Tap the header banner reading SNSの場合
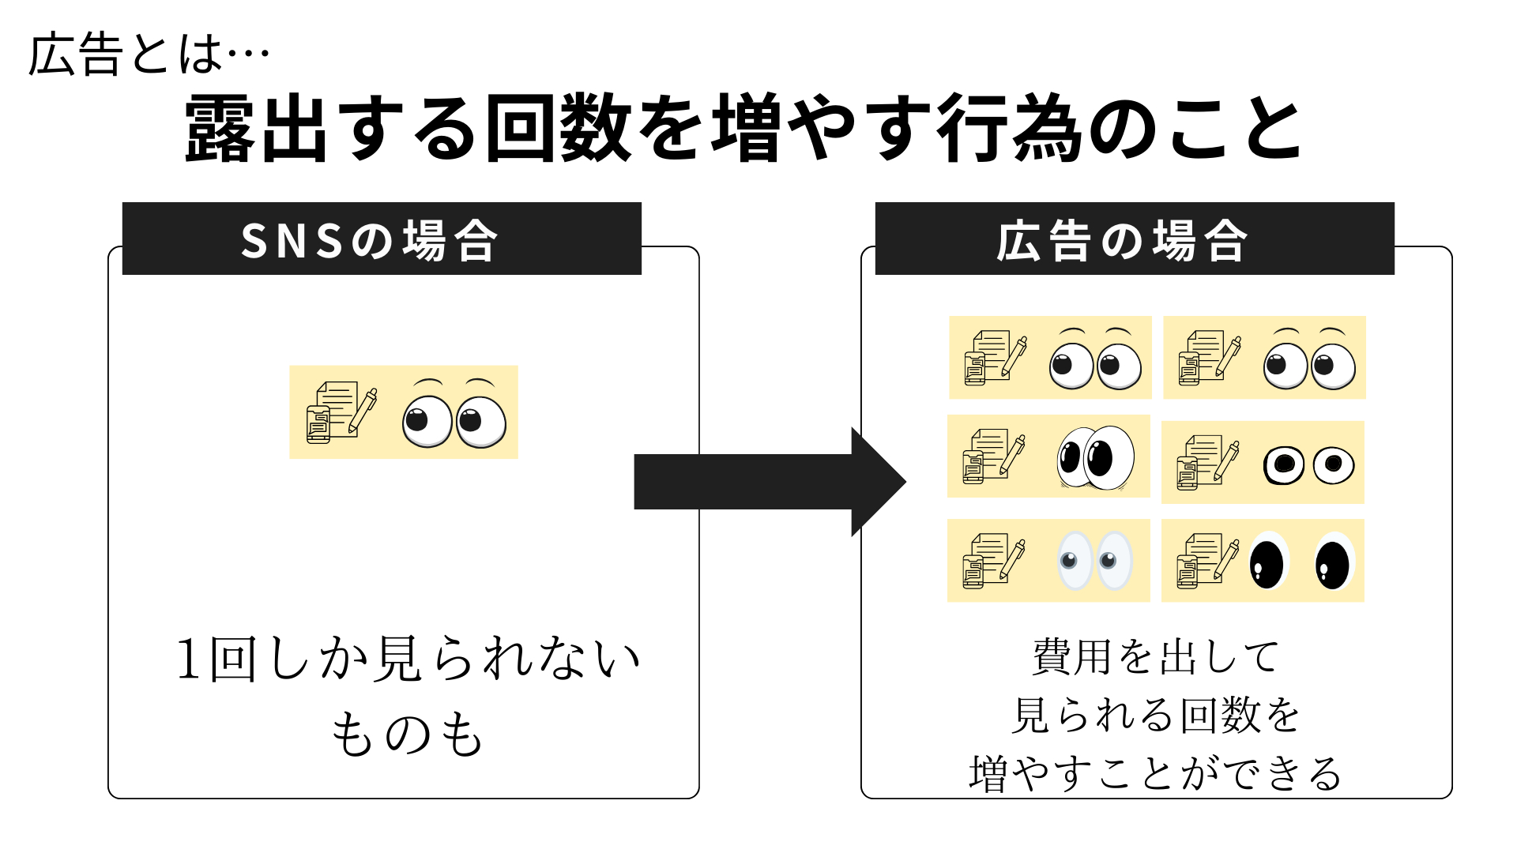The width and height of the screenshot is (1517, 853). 382,239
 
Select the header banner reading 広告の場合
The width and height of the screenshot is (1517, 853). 1135,239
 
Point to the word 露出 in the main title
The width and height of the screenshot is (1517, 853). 255,129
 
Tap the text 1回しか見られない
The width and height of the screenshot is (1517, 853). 406,659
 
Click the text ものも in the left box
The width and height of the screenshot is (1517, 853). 406,733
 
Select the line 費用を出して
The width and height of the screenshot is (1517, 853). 1155,657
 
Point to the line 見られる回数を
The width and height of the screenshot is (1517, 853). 1155,715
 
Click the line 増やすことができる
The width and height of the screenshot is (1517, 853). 1155,773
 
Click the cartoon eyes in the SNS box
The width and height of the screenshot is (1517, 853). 454,415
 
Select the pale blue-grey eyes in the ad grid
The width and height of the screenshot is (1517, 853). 1094,561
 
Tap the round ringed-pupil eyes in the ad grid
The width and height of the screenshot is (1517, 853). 1309,464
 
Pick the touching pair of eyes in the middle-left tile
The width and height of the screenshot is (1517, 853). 1095,458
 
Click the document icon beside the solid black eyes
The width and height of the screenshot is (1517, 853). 1206,561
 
